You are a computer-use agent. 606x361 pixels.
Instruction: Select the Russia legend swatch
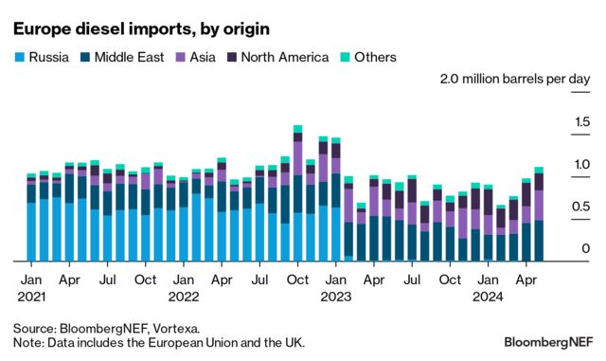(19, 58)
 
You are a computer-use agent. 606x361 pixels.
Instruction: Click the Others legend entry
(365, 58)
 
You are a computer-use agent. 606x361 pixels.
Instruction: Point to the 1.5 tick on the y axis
(579, 122)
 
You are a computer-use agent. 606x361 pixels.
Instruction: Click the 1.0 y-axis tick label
(579, 165)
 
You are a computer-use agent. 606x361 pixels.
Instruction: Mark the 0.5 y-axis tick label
(579, 208)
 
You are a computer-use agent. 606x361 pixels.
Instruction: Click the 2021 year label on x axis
(31, 296)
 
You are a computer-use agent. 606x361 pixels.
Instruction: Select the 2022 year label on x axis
(185, 296)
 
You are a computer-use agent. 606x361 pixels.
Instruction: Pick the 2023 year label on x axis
(335, 296)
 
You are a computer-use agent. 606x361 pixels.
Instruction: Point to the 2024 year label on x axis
(488, 296)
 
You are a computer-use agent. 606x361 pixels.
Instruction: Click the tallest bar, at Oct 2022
(298, 193)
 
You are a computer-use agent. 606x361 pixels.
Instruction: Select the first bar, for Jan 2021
(31, 217)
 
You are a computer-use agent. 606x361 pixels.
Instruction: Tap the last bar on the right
(539, 214)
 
